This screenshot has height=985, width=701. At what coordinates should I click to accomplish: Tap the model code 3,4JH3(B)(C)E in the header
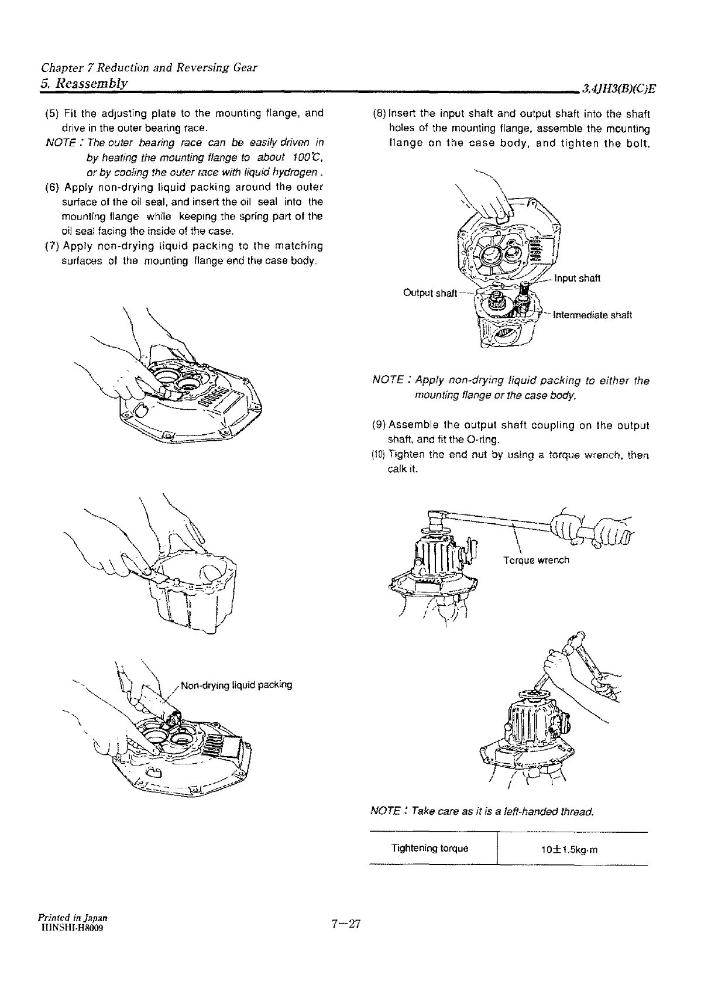(x=618, y=90)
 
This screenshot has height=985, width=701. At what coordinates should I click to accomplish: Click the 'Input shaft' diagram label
(x=576, y=278)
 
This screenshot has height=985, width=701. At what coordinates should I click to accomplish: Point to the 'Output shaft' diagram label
(x=430, y=293)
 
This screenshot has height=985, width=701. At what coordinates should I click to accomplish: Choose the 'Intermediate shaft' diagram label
(x=589, y=315)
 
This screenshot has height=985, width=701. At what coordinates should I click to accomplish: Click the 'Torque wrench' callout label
(x=536, y=560)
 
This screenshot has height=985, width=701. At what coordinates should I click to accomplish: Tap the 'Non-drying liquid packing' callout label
(x=236, y=685)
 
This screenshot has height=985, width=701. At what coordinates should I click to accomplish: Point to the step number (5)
(x=51, y=113)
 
